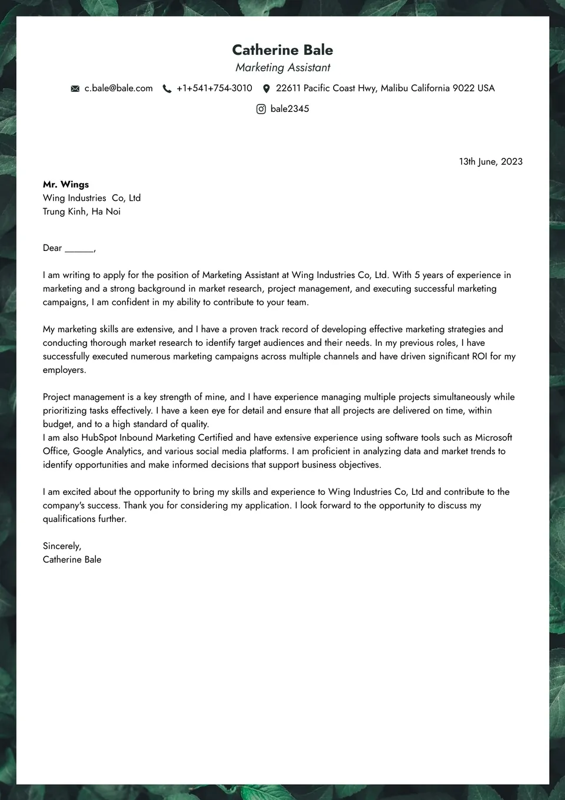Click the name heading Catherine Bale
pyautogui.click(x=282, y=50)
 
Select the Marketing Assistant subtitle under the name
pyautogui.click(x=282, y=68)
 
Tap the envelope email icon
pyautogui.click(x=75, y=89)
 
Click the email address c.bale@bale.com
pyautogui.click(x=118, y=88)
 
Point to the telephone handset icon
pyautogui.click(x=167, y=89)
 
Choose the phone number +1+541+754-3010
pyautogui.click(x=214, y=88)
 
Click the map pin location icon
pyautogui.click(x=266, y=89)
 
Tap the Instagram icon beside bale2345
pyautogui.click(x=261, y=109)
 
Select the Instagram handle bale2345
pyautogui.click(x=290, y=109)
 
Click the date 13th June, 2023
pyautogui.click(x=491, y=162)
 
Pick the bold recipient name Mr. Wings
pyautogui.click(x=66, y=184)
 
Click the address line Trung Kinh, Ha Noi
pyautogui.click(x=82, y=211)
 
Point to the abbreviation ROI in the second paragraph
pyautogui.click(x=480, y=356)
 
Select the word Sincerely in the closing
pyautogui.click(x=62, y=546)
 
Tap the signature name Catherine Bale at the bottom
pyautogui.click(x=72, y=560)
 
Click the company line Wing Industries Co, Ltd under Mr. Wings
pyautogui.click(x=92, y=198)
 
